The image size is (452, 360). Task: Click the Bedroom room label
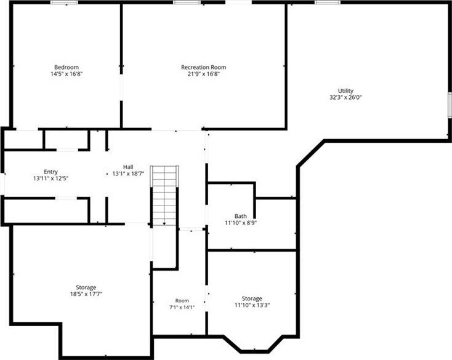point(67,68)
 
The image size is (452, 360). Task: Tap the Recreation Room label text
point(203,67)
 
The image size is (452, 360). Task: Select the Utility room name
point(345,91)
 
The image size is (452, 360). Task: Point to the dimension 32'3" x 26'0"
point(345,97)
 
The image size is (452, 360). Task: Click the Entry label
point(50,172)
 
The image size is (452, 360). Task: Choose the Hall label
point(128,167)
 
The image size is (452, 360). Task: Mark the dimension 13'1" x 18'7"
point(128,174)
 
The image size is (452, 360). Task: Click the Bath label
point(240,216)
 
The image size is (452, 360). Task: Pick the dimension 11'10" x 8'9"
point(241,223)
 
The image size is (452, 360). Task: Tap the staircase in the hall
point(164,195)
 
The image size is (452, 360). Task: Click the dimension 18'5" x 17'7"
point(86,294)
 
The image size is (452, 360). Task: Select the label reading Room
point(182,301)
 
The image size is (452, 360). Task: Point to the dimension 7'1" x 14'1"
point(182,307)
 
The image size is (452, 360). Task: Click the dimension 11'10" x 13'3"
point(252,305)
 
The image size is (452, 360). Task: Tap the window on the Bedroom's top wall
point(64,2)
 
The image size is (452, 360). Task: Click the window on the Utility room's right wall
point(450,105)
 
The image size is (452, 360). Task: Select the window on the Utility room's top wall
point(328,2)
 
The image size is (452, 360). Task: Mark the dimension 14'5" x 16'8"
point(67,74)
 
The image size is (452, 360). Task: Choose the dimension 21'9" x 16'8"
point(203,74)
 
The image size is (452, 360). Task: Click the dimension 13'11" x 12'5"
point(50,178)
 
